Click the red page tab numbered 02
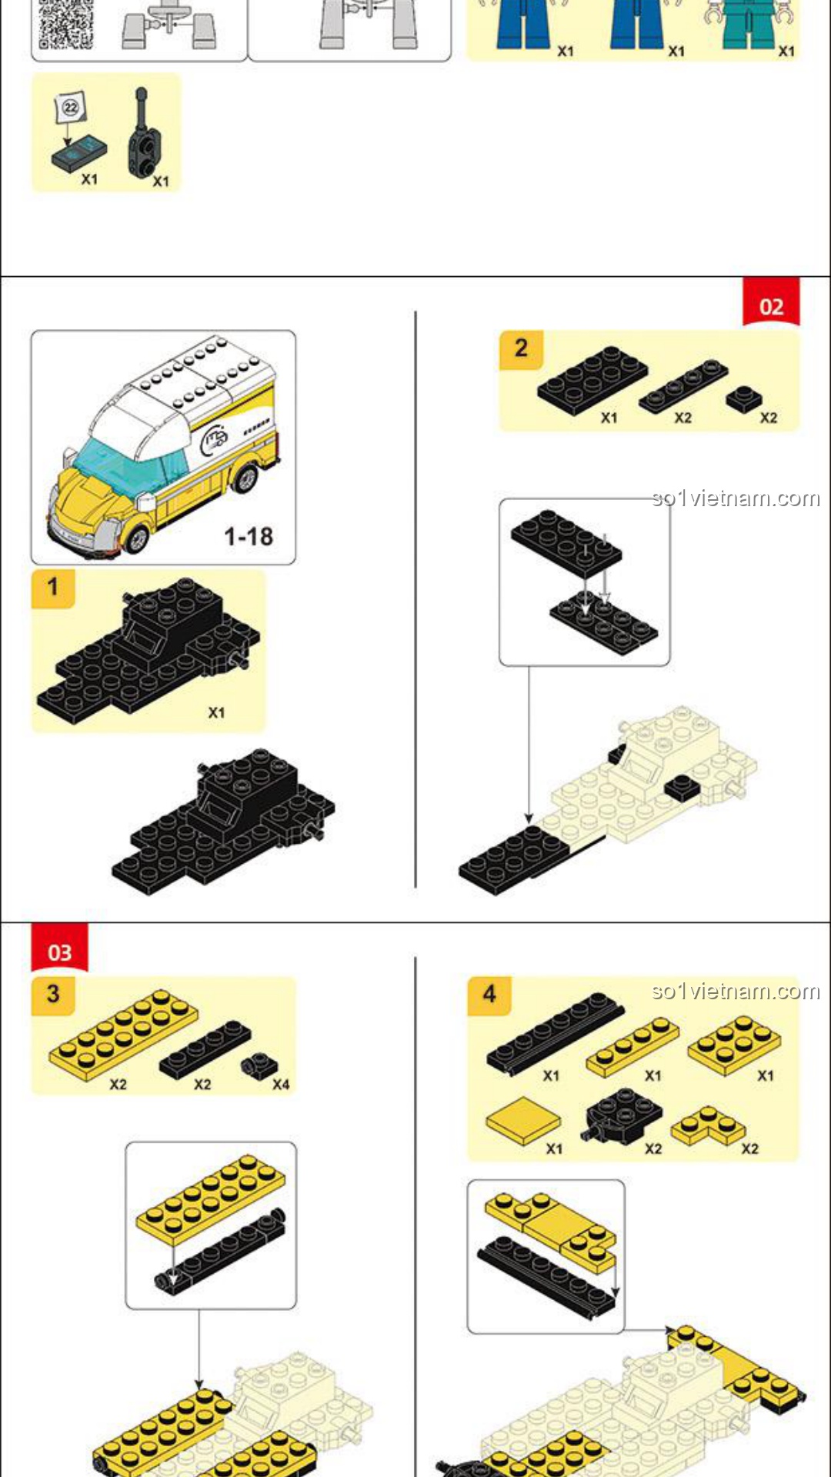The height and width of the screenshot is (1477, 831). point(771,302)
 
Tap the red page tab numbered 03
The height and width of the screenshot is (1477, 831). point(59,949)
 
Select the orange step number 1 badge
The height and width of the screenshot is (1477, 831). point(52,588)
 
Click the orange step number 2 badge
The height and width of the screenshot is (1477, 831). point(521,349)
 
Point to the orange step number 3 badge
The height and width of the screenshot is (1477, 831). point(52,995)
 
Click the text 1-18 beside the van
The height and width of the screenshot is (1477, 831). point(249,536)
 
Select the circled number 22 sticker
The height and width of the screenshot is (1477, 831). point(71,108)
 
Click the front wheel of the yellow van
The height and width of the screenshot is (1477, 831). point(136,538)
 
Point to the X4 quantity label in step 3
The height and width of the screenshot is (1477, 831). point(281,1085)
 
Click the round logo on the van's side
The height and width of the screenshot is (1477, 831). point(215,438)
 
